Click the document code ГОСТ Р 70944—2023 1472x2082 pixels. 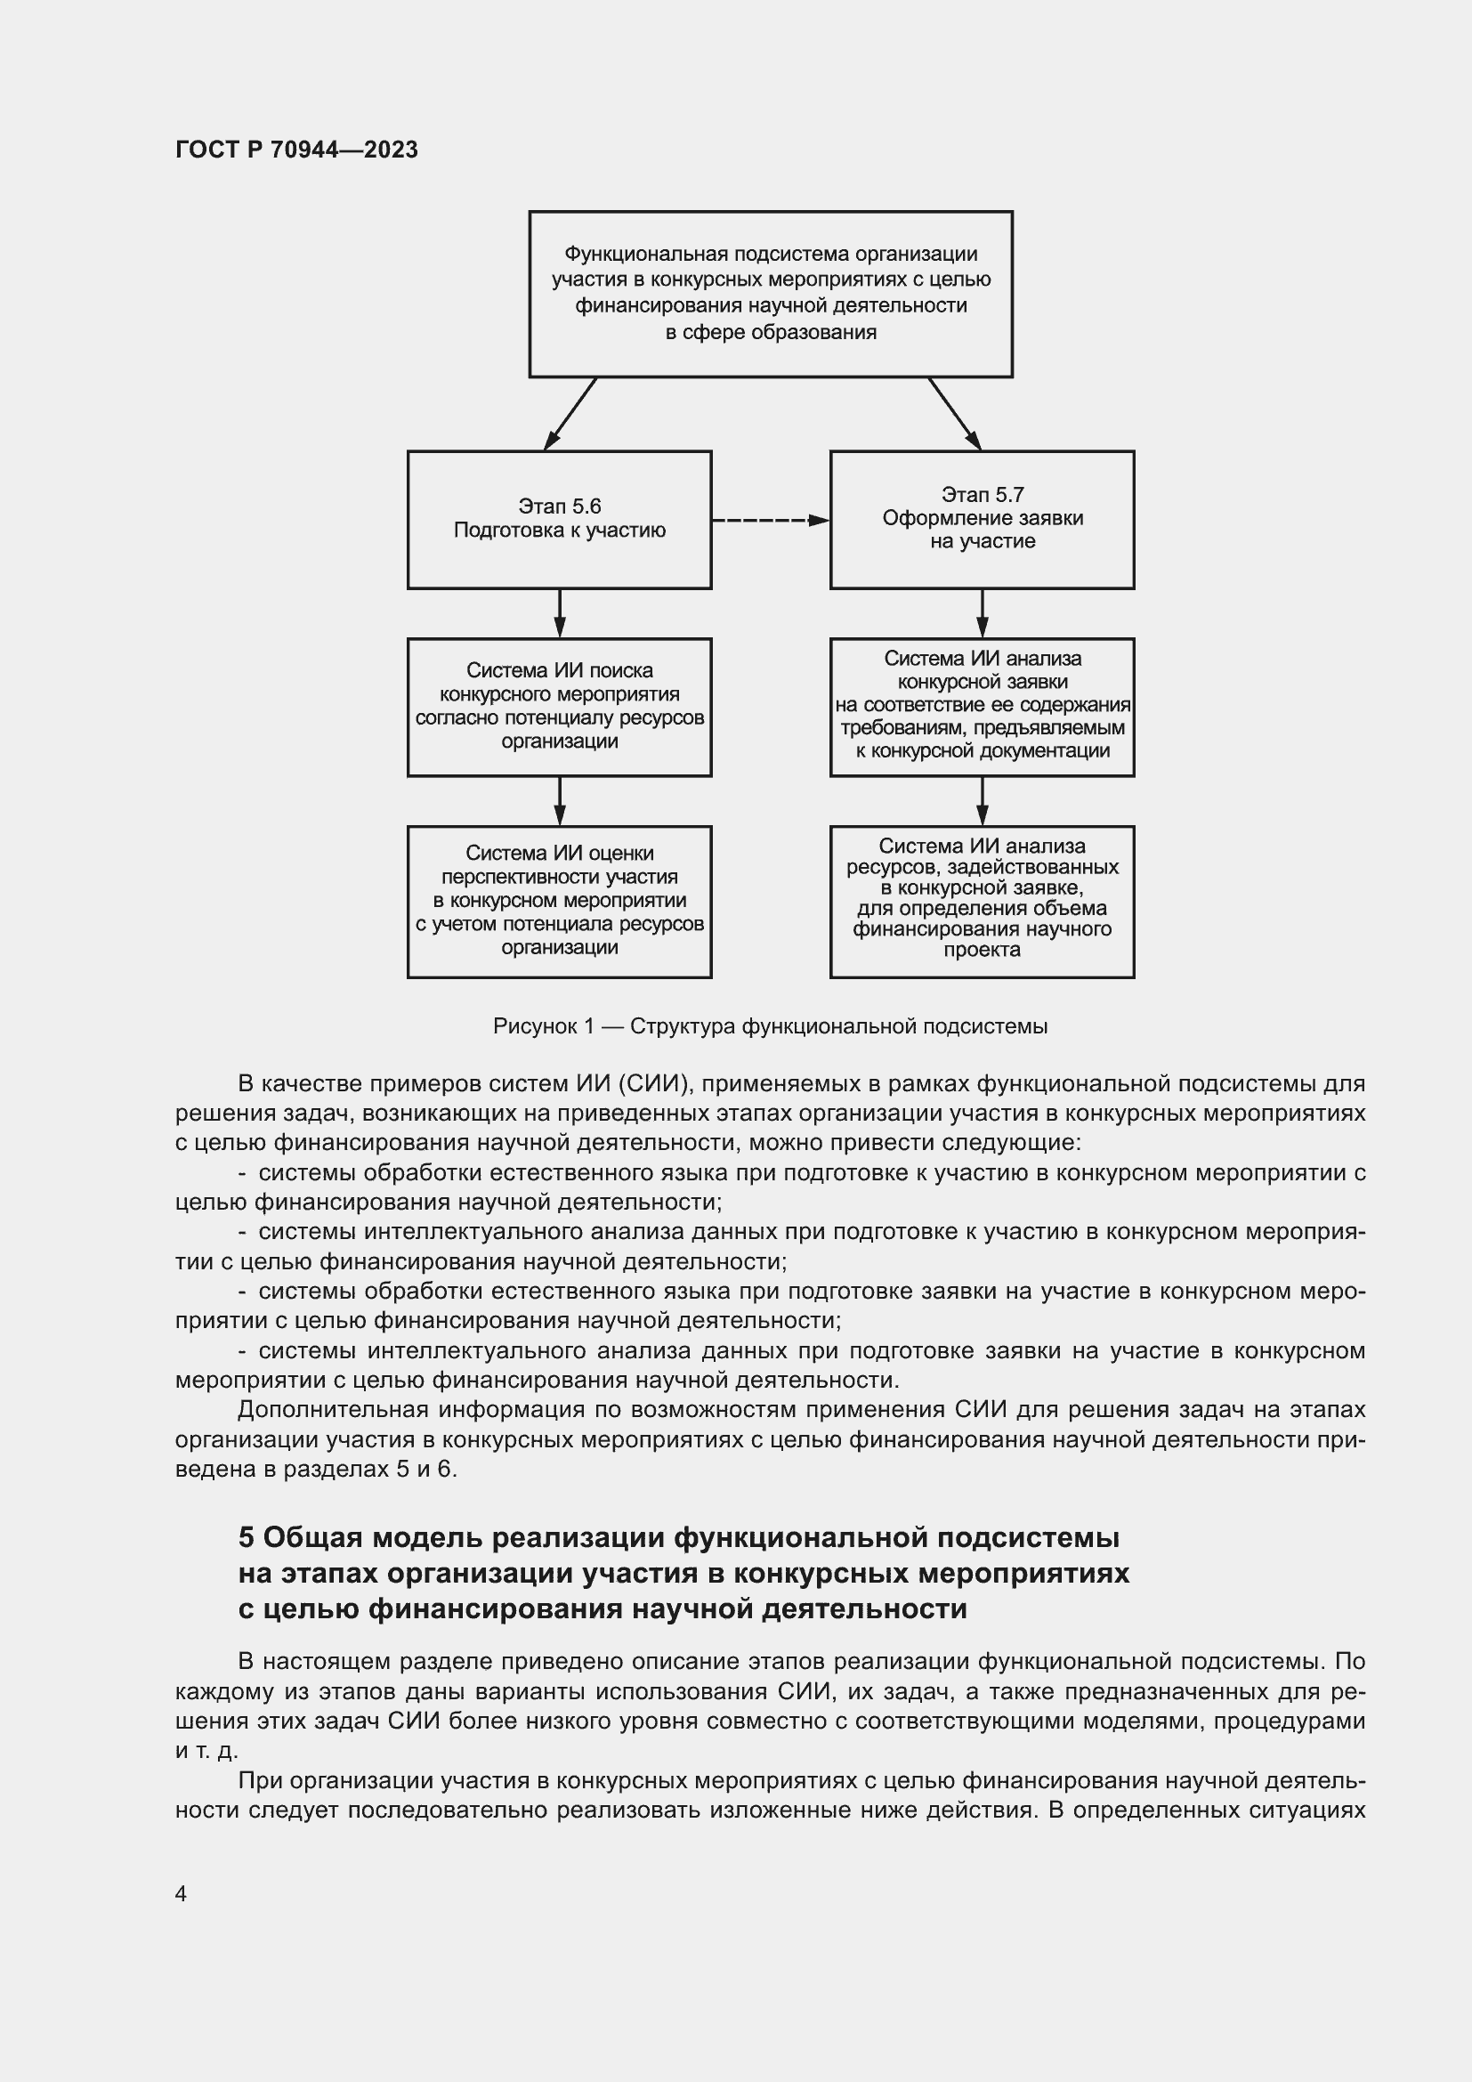(x=296, y=150)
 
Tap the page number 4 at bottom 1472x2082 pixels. (x=181, y=1893)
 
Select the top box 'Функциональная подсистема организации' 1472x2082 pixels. (x=771, y=294)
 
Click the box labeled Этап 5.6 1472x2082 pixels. (x=559, y=520)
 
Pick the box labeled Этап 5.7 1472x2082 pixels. (x=982, y=520)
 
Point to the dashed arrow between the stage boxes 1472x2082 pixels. (x=770, y=521)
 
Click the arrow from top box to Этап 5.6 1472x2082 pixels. (x=570, y=414)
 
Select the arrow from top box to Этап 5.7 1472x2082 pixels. (x=954, y=414)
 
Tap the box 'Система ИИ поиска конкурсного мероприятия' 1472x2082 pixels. (x=559, y=707)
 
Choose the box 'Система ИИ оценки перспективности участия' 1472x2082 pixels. (x=559, y=902)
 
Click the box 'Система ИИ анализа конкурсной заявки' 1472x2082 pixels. (x=982, y=707)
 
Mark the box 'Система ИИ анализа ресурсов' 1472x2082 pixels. (x=982, y=902)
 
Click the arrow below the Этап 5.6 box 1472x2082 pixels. (x=559, y=614)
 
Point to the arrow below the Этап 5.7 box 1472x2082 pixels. (x=982, y=614)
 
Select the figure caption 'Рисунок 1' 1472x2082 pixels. (x=543, y=1026)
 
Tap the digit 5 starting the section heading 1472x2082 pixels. (x=247, y=1538)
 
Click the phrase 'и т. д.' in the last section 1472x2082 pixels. (x=206, y=1750)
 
